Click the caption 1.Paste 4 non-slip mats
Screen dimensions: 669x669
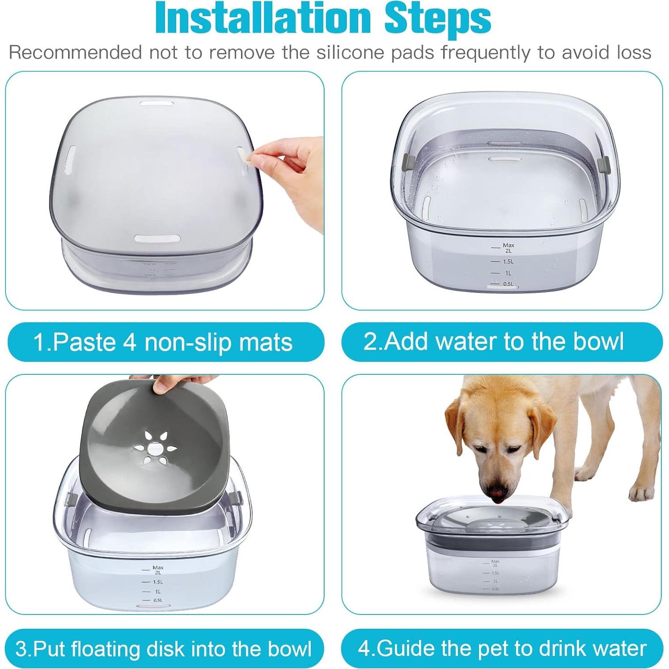coord(163,342)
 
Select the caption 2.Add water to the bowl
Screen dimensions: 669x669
coord(494,341)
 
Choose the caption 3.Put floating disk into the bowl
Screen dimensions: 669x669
coord(163,648)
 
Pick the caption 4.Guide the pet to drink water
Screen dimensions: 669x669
coord(502,648)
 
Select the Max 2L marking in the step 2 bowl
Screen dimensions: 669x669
coord(508,248)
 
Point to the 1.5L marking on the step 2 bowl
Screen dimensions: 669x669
coord(508,262)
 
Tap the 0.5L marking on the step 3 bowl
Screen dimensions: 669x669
coord(157,601)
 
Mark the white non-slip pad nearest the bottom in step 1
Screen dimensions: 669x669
coord(157,238)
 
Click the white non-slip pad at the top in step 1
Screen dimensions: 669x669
coord(156,104)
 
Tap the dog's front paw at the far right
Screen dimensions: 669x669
coord(641,493)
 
